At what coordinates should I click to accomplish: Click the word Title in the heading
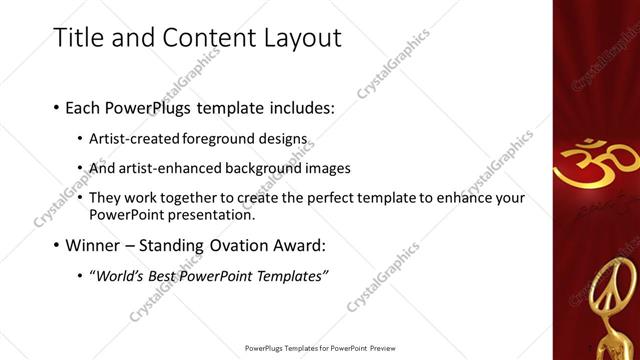[x=75, y=38]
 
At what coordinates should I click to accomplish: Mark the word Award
[x=324, y=245]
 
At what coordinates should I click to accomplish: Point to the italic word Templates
[x=287, y=276]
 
